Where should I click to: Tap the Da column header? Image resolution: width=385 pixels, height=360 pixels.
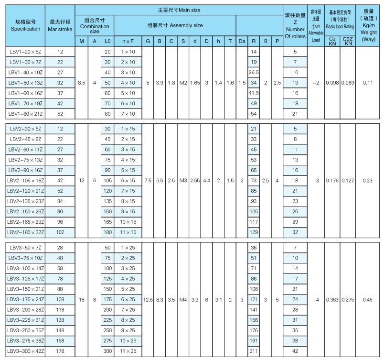pos(242,41)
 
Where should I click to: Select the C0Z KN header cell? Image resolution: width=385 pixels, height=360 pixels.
pos(348,41)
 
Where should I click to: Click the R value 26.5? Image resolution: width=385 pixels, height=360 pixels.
pos(254,72)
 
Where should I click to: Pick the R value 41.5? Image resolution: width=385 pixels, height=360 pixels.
pos(254,93)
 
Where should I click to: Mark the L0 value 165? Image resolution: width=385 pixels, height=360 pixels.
pos(107,222)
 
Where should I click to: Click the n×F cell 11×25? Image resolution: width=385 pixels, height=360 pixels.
pos(128,351)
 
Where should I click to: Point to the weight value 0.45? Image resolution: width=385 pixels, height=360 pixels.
pos(368,300)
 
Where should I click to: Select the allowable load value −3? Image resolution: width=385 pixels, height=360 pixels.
pos(316,181)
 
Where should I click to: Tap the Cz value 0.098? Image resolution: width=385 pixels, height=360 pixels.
pos(332,83)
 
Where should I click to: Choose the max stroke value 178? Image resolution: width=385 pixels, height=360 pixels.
pos(60,351)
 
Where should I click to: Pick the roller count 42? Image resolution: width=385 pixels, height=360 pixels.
pos(295,351)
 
